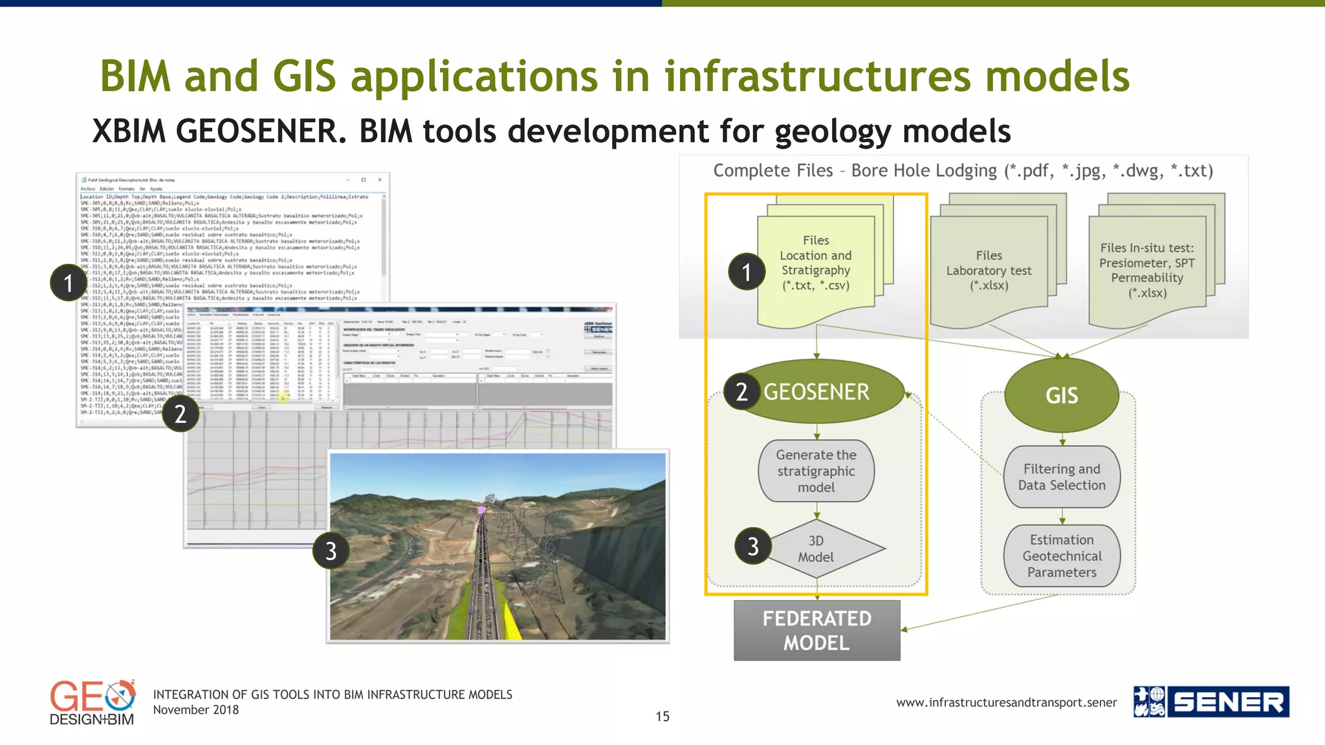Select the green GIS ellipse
pyautogui.click(x=1061, y=395)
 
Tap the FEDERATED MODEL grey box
pyautogui.click(x=816, y=631)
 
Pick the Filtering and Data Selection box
pyautogui.click(x=1061, y=477)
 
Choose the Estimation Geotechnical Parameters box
pyautogui.click(x=1061, y=556)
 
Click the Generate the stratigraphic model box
pyautogui.click(x=816, y=471)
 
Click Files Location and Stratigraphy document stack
pyautogui.click(x=816, y=265)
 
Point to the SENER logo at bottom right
pyautogui.click(x=1210, y=702)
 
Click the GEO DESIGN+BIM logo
pyautogui.click(x=92, y=703)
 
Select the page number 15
pyautogui.click(x=662, y=717)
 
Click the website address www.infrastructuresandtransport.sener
pyautogui.click(x=1006, y=702)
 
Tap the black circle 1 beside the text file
pyautogui.click(x=69, y=283)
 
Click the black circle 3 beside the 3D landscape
pyautogui.click(x=331, y=551)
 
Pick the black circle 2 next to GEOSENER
pyautogui.click(x=741, y=392)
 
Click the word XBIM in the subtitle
pyautogui.click(x=129, y=131)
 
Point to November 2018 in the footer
pyautogui.click(x=195, y=710)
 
